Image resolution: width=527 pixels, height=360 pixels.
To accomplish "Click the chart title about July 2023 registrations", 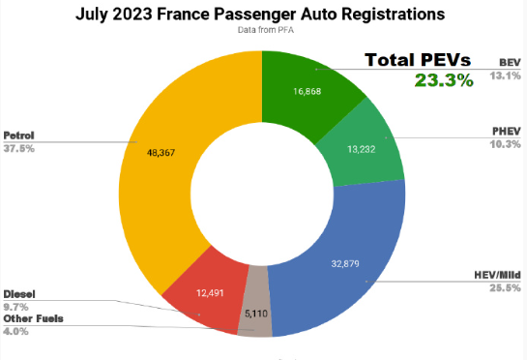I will [x=263, y=15].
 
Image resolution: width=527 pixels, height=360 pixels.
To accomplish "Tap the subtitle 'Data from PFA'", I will [x=263, y=31].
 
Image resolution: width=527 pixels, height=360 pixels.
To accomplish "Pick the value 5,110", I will [x=255, y=314].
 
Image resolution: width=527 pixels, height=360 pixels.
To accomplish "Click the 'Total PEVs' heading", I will [x=418, y=60].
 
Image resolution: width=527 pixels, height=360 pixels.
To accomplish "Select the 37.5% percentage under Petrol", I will [x=19, y=149].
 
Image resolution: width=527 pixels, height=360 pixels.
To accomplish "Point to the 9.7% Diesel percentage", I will [x=15, y=305].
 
